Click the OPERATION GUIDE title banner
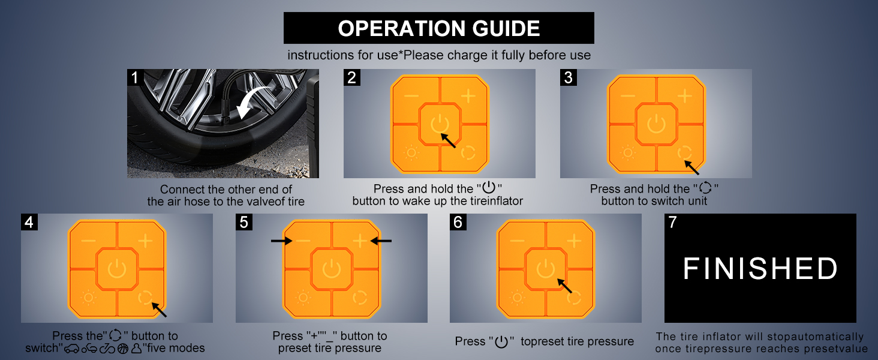(x=438, y=28)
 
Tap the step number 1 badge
(x=134, y=77)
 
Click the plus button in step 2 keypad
(x=468, y=95)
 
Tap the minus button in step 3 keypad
(x=627, y=96)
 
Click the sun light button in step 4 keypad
(x=88, y=298)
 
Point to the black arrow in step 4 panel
(x=159, y=310)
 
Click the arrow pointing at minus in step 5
(x=281, y=241)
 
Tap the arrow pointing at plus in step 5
(x=381, y=241)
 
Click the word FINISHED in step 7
(x=760, y=269)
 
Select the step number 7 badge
(x=673, y=222)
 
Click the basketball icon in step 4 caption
(x=123, y=348)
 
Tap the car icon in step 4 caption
(x=72, y=348)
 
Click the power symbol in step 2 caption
(x=489, y=187)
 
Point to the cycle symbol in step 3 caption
(x=705, y=188)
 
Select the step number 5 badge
(x=244, y=222)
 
